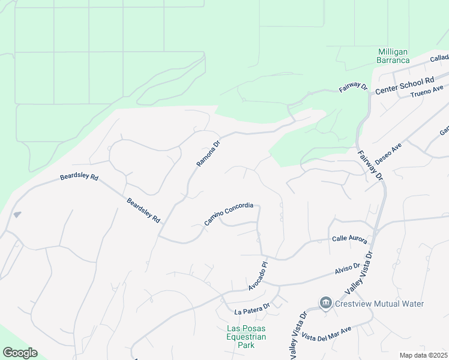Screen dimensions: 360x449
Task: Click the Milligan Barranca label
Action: pyautogui.click(x=393, y=56)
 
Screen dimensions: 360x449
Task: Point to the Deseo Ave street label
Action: pyautogui.click(x=388, y=154)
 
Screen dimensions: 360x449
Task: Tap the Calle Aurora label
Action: pyautogui.click(x=349, y=238)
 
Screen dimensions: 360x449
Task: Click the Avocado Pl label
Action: pyautogui.click(x=257, y=276)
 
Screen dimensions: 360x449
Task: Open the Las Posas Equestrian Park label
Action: pyautogui.click(x=246, y=337)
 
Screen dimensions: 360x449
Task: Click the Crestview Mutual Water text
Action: pyautogui.click(x=379, y=304)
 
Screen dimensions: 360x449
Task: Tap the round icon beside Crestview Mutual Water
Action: pyautogui.click(x=325, y=303)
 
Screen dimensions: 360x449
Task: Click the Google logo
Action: pyautogui.click(x=20, y=353)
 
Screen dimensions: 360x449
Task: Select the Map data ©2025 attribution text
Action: pyautogui.click(x=423, y=355)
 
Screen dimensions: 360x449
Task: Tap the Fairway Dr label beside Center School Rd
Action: pyautogui.click(x=353, y=87)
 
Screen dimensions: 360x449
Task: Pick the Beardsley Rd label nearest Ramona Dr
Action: pyautogui.click(x=143, y=211)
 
